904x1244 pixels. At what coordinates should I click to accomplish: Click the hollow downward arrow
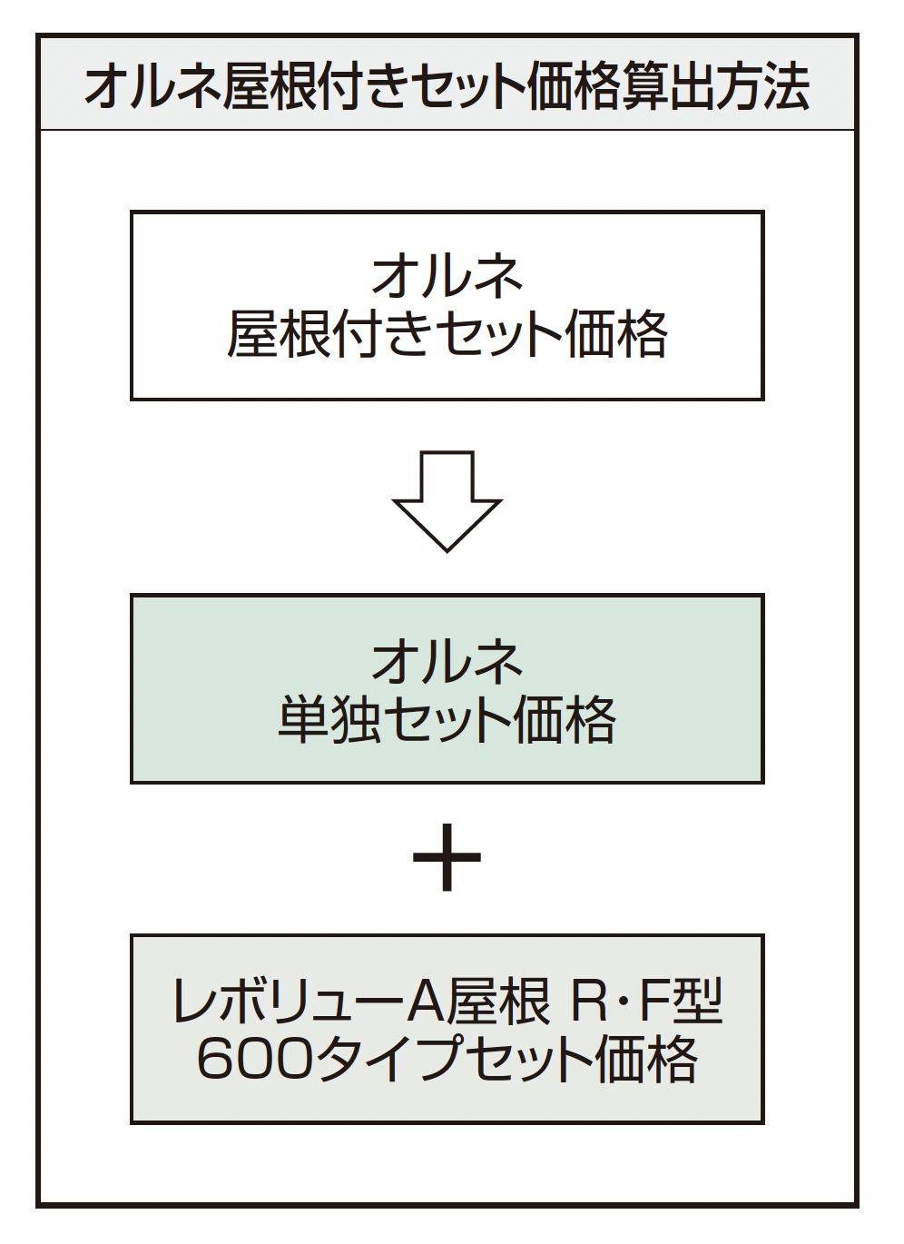click(x=447, y=501)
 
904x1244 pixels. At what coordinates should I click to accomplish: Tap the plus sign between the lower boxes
click(x=447, y=857)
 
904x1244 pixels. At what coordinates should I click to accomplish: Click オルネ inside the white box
click(x=447, y=276)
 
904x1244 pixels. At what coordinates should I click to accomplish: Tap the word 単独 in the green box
click(x=329, y=720)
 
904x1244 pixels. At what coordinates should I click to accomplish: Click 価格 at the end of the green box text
click(x=565, y=720)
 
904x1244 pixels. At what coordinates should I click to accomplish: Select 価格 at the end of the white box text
click(x=615, y=334)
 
